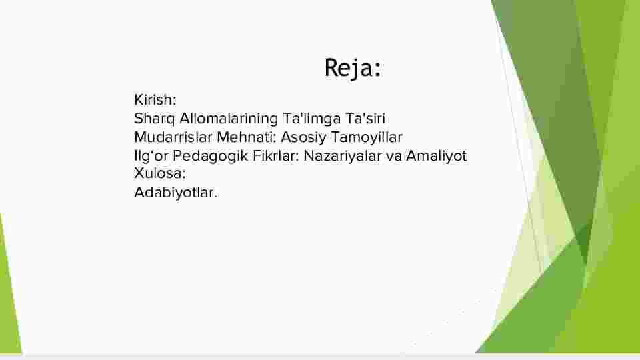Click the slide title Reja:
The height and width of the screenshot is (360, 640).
(x=353, y=68)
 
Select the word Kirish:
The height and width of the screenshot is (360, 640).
(x=155, y=99)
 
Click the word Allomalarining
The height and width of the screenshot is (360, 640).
(x=229, y=119)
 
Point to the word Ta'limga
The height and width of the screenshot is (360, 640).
(x=312, y=119)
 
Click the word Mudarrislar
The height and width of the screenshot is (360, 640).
(x=173, y=137)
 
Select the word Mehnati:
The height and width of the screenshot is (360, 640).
(x=247, y=137)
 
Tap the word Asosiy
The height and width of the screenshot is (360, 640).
(x=304, y=137)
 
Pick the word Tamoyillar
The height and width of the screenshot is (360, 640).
(x=367, y=137)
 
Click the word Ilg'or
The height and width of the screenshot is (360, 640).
(x=151, y=156)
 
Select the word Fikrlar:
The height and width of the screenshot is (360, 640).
(x=276, y=155)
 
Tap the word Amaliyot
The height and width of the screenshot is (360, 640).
(x=436, y=156)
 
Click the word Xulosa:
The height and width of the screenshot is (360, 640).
(x=160, y=173)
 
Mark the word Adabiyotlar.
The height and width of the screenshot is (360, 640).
(x=176, y=193)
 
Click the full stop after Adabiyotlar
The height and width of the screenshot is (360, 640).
(x=215, y=197)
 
